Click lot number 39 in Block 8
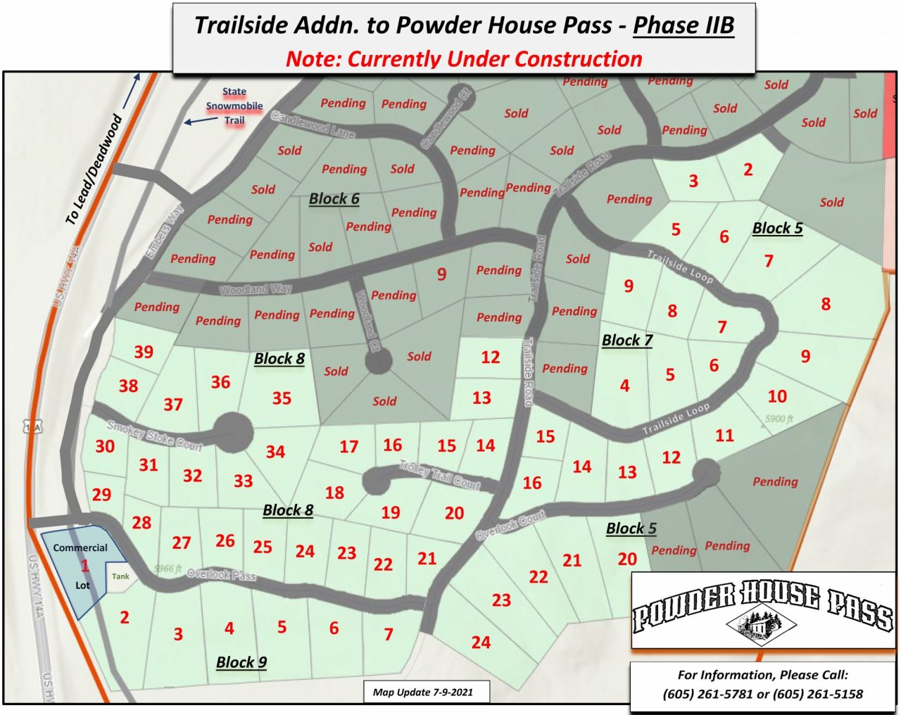[144, 352]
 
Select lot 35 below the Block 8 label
[282, 398]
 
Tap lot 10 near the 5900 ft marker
[777, 396]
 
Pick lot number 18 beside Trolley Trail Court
[334, 493]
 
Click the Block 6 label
[334, 199]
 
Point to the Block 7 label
[626, 341]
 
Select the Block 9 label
[241, 662]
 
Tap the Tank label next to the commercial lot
[120, 576]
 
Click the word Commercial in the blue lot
[80, 548]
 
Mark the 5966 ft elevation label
[168, 569]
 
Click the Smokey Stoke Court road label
[154, 436]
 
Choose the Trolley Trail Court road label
[439, 476]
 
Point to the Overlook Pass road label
[221, 574]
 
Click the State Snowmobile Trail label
[234, 106]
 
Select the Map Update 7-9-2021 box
[422, 692]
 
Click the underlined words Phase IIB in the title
[683, 25]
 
